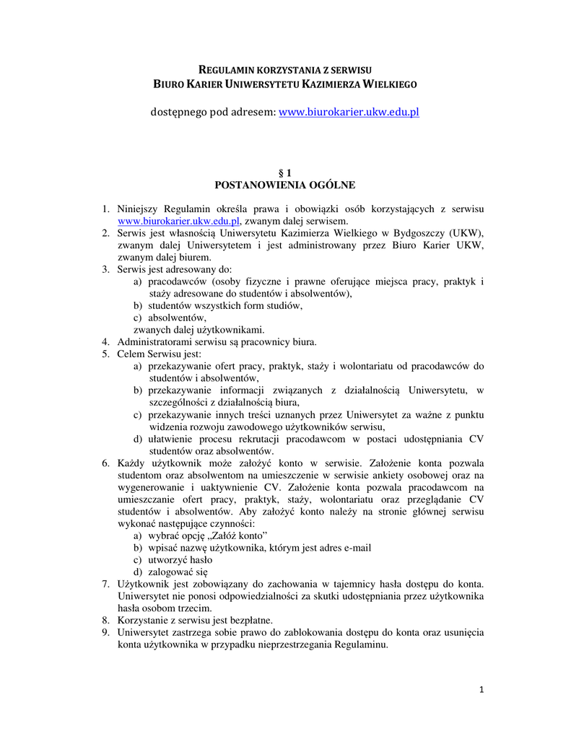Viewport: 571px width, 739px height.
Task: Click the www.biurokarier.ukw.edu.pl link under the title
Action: [349, 113]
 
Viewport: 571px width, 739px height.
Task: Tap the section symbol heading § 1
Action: [285, 172]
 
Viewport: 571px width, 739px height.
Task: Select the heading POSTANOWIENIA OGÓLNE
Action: [285, 185]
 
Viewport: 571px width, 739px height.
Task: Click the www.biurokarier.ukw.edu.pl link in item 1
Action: [178, 221]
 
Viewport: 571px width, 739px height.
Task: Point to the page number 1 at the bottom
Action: [481, 690]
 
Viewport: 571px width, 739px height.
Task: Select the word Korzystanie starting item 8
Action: [144, 621]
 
